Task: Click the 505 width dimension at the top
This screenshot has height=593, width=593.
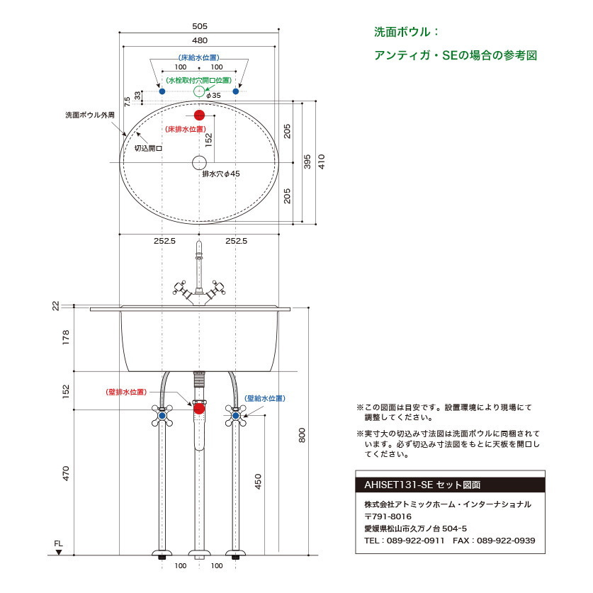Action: point(200,26)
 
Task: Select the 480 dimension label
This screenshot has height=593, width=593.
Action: point(200,40)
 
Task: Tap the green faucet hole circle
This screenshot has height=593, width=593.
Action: point(199,91)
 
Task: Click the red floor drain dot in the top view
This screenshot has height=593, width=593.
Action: point(199,115)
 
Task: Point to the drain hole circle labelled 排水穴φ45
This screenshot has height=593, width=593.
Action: point(199,163)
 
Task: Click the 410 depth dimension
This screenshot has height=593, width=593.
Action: point(321,162)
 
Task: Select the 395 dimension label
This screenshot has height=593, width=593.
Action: point(307,162)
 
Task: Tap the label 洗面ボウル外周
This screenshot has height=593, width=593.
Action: point(90,115)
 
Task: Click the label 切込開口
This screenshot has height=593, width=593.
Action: point(148,148)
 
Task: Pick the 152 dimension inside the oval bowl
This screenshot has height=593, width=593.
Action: point(208,140)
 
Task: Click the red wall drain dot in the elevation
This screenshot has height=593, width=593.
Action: point(199,409)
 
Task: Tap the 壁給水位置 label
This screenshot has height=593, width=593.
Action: point(265,398)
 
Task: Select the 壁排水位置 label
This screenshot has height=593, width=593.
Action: point(126,392)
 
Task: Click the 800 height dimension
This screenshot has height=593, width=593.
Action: point(301,435)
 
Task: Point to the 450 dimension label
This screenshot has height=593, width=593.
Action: point(258,482)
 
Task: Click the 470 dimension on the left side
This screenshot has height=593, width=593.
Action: point(66,473)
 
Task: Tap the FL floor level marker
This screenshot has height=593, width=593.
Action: point(58,547)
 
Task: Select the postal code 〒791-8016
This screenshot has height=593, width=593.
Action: point(388,516)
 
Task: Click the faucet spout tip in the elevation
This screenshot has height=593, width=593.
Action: point(199,243)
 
